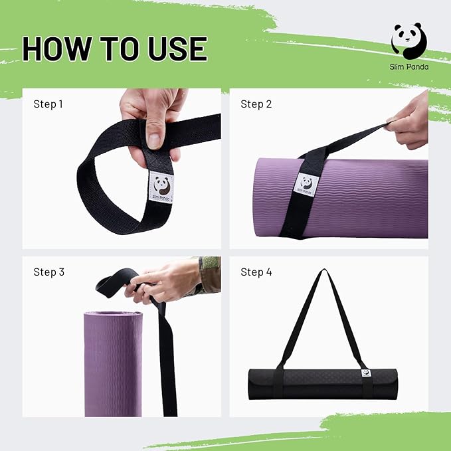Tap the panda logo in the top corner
[x=408, y=41]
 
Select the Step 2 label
[x=256, y=104]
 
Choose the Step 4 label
[x=256, y=272]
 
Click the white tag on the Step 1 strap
[x=161, y=187]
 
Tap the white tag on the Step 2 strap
[x=306, y=184]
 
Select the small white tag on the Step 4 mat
[x=366, y=373]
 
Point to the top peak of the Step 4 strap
[x=324, y=272]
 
